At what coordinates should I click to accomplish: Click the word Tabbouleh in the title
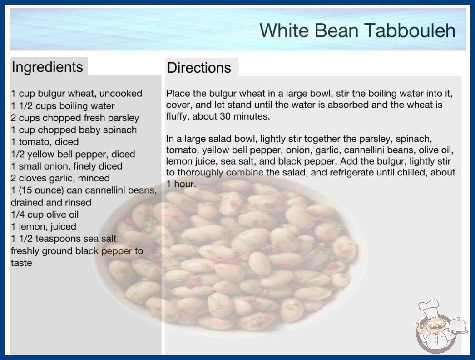[410, 30]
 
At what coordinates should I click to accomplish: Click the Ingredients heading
[47, 67]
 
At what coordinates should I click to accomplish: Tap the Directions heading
[199, 68]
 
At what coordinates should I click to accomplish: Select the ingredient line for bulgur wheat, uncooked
[77, 94]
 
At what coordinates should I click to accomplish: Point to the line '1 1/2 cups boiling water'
[63, 106]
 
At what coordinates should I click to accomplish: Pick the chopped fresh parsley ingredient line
[75, 118]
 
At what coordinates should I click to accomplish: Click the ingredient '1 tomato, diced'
[45, 142]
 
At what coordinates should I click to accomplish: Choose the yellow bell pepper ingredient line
[73, 154]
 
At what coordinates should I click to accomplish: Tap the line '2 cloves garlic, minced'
[60, 178]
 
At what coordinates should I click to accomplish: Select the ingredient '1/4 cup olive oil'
[45, 215]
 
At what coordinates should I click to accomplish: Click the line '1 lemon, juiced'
[44, 226]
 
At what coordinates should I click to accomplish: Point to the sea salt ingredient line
[64, 239]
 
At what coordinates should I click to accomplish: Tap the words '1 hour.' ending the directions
[181, 184]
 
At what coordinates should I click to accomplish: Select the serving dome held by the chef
[458, 326]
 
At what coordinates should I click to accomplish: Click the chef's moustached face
[435, 326]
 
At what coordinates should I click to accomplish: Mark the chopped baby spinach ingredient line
[74, 130]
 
